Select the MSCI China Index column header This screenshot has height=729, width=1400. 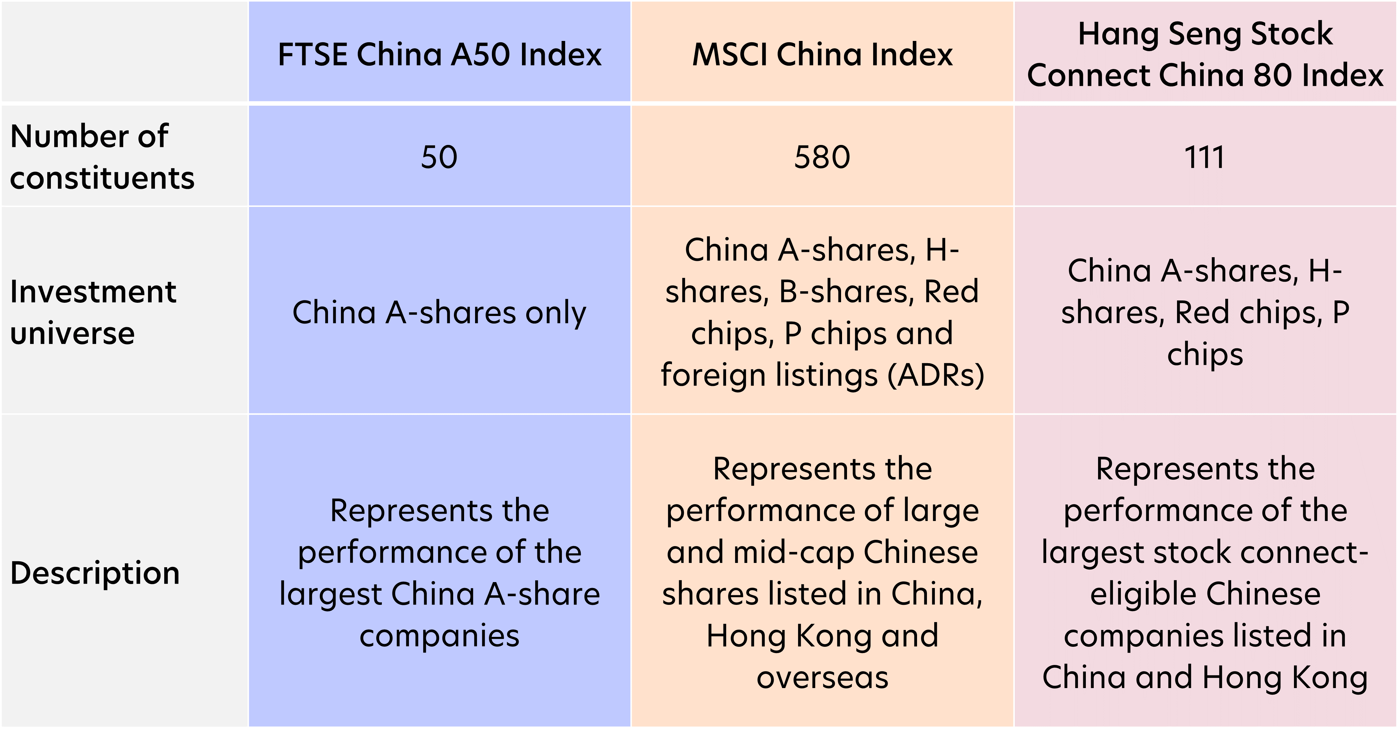tap(822, 54)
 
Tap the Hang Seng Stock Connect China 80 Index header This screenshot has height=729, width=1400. tap(1205, 54)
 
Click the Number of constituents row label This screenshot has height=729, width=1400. tap(102, 156)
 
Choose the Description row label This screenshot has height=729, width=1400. tap(95, 573)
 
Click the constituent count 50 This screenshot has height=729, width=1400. tap(439, 157)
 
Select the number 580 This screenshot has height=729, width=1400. tap(822, 157)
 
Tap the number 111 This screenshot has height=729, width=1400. tap(1204, 157)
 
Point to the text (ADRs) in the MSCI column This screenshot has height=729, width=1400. tap(936, 375)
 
